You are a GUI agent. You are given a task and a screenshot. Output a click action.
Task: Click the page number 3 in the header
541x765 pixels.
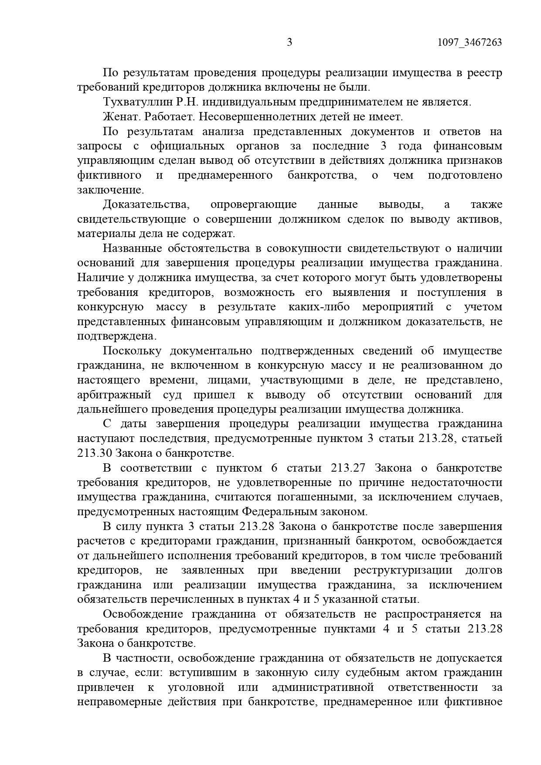[289, 42]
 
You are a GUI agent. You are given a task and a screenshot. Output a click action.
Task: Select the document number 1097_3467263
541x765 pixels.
[469, 42]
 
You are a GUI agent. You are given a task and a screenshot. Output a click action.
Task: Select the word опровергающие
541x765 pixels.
[253, 204]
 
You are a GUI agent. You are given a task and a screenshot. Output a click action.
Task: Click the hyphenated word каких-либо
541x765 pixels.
[319, 307]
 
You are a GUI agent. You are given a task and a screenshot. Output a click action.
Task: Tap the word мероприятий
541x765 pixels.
[398, 307]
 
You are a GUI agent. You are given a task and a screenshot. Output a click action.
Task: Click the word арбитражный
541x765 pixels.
[114, 395]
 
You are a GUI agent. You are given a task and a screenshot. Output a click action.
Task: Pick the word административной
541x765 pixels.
[323, 687]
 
